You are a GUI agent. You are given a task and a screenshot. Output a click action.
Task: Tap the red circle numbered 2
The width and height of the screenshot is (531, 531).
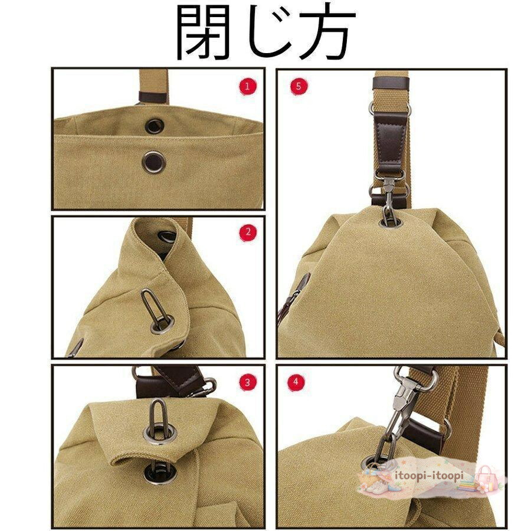[x=248, y=232]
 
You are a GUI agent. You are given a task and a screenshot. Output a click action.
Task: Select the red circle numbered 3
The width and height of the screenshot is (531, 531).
[x=247, y=382]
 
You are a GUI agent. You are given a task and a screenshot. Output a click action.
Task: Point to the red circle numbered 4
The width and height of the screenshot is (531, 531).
[x=296, y=382]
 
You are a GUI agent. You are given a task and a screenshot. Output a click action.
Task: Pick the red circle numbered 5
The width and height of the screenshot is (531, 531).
[x=299, y=86]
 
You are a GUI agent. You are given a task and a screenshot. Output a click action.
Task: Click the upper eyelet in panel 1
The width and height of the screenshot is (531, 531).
[x=155, y=126]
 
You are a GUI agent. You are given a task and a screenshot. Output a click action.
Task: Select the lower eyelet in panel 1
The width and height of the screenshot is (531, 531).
[x=154, y=162]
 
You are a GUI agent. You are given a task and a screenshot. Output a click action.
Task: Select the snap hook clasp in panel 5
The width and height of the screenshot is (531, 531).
[x=389, y=196]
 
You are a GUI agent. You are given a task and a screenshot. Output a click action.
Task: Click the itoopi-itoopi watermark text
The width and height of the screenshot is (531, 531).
[x=429, y=476]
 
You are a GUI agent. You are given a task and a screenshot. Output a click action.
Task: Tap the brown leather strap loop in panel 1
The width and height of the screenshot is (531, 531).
[x=153, y=97]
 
